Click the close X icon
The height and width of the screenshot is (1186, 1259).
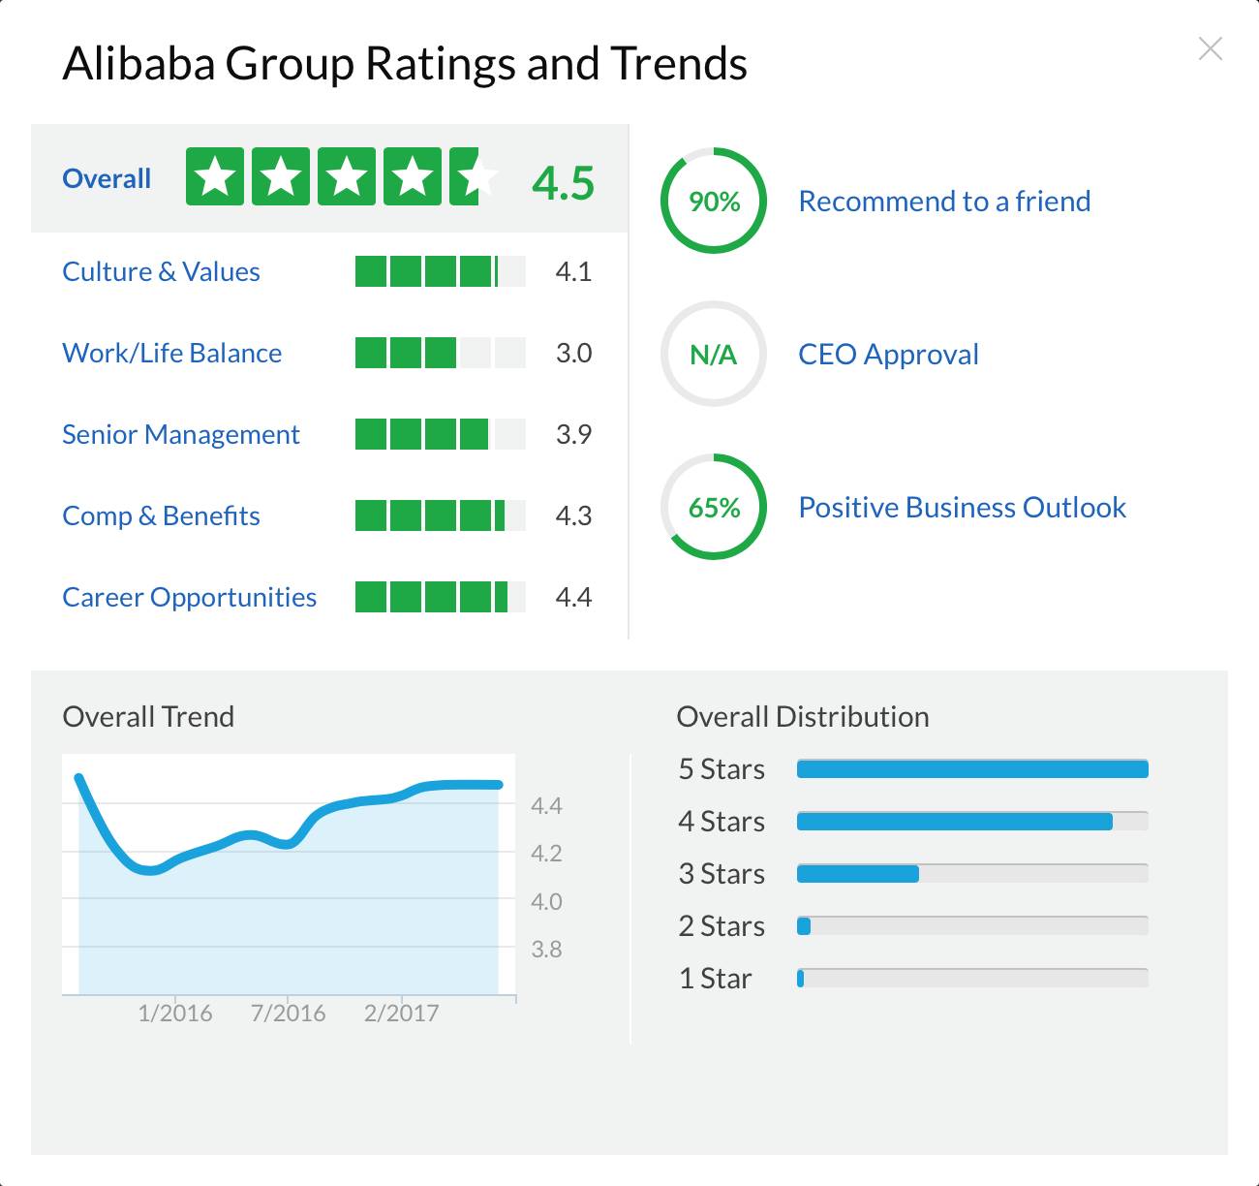pos(1211,49)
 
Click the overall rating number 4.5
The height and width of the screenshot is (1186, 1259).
pos(563,182)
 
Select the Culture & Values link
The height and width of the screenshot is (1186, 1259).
pos(161,271)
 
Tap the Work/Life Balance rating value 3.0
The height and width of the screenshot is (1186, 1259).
pos(573,353)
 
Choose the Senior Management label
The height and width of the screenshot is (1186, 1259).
pos(181,434)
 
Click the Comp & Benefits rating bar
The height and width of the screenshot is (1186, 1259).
pos(440,515)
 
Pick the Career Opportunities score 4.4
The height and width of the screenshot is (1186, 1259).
pos(573,597)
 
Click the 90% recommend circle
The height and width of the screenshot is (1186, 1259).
pos(714,201)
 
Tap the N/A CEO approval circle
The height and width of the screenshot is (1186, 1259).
pos(714,354)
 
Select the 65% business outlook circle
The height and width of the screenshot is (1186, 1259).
pos(714,507)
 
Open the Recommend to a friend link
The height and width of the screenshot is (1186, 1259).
pos(944,201)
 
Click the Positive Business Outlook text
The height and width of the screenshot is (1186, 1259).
pos(962,507)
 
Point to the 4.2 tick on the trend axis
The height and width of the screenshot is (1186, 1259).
pos(546,854)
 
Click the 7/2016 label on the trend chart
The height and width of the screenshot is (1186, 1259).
pos(288,1013)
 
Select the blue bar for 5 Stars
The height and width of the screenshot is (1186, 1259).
pos(972,769)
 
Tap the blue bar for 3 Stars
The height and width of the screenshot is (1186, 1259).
pos(858,874)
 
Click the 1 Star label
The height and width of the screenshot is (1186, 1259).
pos(715,979)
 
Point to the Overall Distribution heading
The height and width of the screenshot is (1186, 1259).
pos(803,717)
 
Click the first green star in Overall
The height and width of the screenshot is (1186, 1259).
pos(215,176)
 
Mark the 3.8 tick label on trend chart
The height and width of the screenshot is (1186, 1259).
pos(546,950)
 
